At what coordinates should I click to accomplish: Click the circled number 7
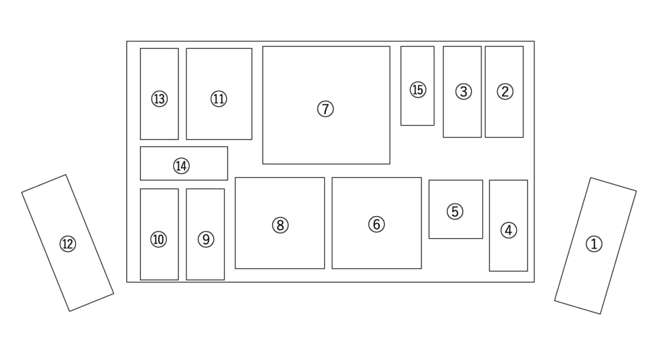click(325, 109)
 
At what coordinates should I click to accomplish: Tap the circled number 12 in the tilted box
click(68, 244)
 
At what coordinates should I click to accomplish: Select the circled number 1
click(594, 244)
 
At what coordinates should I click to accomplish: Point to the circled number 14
click(182, 166)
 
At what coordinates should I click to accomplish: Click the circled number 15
click(418, 90)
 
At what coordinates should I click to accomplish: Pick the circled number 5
click(455, 212)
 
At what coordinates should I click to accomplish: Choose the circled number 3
click(464, 91)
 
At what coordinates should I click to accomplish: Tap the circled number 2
click(505, 91)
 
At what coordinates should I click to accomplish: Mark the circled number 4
click(509, 230)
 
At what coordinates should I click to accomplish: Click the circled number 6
click(377, 224)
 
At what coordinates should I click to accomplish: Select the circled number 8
click(280, 225)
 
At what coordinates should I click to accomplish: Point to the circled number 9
click(206, 239)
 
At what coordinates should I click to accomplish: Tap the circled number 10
click(159, 239)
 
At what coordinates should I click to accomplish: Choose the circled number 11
click(219, 99)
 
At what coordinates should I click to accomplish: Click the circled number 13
click(159, 99)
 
